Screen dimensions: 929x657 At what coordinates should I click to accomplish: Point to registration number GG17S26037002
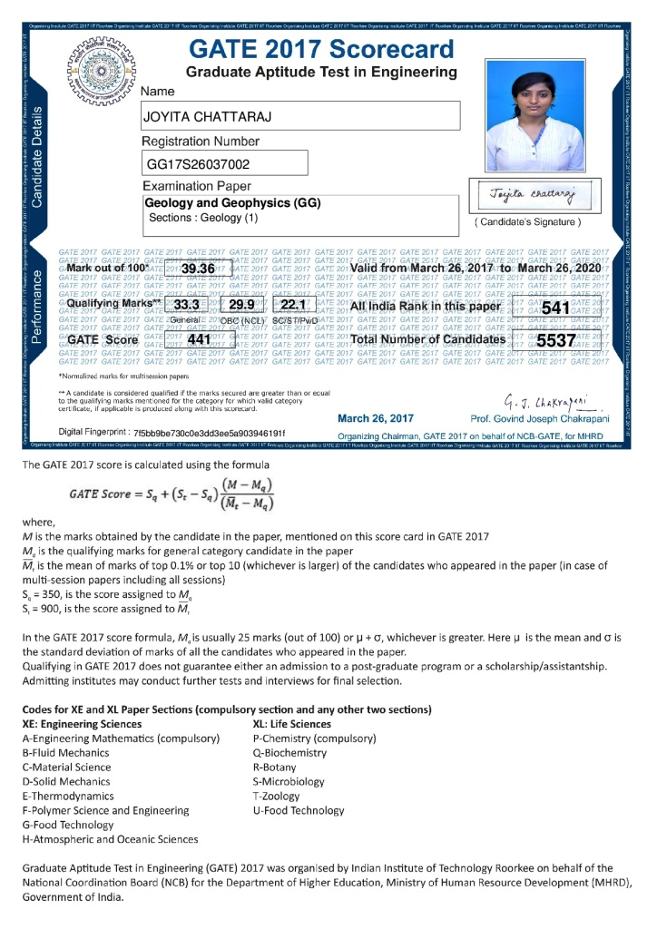(x=197, y=164)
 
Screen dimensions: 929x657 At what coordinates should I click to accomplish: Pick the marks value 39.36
(x=197, y=269)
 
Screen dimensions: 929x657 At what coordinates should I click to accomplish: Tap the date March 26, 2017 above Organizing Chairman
(x=375, y=418)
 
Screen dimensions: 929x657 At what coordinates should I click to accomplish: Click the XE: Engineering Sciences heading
(x=82, y=724)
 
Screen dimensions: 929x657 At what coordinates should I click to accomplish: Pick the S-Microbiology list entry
(x=289, y=782)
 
